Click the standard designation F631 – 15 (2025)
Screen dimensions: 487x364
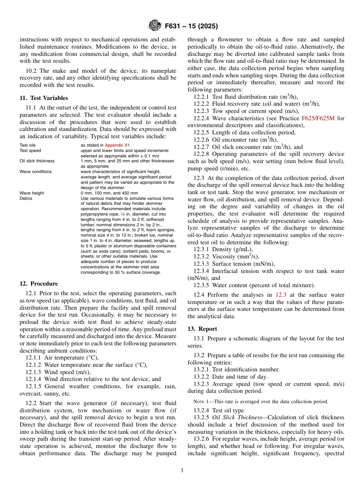pos(191,26)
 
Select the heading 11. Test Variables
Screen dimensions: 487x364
pos(44,98)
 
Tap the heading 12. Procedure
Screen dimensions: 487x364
pos(39,284)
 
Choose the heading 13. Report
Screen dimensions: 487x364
pos(202,329)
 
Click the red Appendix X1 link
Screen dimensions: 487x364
pos(117,145)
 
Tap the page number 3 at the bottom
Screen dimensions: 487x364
pos(182,471)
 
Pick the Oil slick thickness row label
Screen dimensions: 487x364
pos(37,161)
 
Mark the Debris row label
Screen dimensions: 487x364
pos(26,199)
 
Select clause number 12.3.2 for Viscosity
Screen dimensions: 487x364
pos(202,257)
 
